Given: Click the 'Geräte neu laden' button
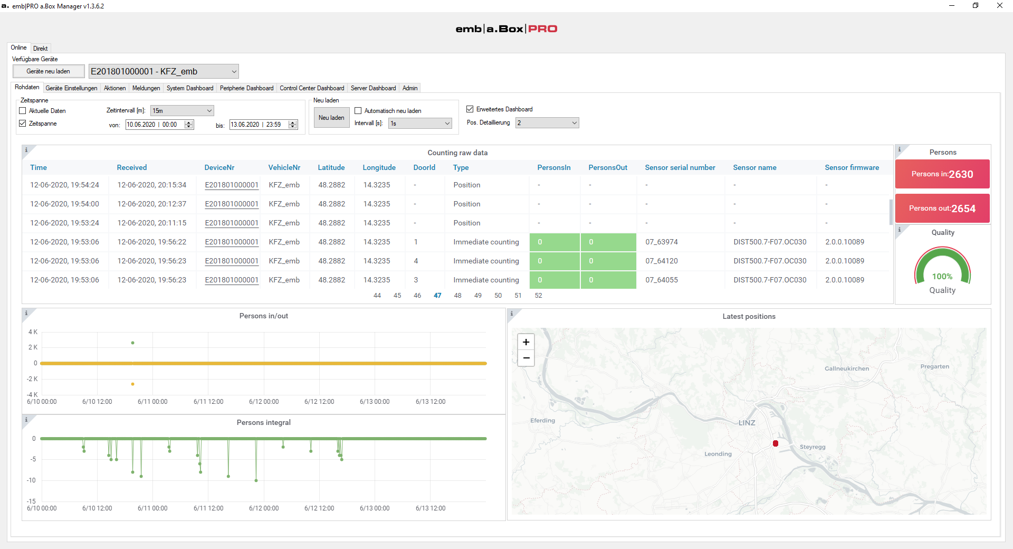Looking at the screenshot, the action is pos(49,71).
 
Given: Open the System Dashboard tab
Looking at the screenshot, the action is pos(190,88).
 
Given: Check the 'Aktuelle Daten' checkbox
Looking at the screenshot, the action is pos(23,111).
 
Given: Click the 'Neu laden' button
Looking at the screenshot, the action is pos(331,118).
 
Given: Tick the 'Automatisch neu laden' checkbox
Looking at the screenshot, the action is pos(358,111).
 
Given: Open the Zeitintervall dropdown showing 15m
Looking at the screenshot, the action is pos(182,111).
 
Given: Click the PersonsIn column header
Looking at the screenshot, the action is pos(554,167).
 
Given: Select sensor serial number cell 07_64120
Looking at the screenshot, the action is pos(662,261).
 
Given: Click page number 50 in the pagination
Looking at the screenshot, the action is pos(498,296).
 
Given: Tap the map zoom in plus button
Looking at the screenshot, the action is pos(526,342).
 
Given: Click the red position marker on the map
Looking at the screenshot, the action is pos(776,443).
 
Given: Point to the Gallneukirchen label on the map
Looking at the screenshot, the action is pos(847,368).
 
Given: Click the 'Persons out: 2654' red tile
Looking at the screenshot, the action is pos(942,208).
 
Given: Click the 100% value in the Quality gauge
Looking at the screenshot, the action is pos(942,277).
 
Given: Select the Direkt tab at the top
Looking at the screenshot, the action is pos(41,49).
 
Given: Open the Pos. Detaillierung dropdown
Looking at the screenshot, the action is pos(547,123).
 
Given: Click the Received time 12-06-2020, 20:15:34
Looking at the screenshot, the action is pos(152,185).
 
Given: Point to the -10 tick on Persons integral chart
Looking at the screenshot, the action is pos(31,480).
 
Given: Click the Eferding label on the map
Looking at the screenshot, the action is pos(542,421).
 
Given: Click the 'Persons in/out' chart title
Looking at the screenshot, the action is pos(264,316).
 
